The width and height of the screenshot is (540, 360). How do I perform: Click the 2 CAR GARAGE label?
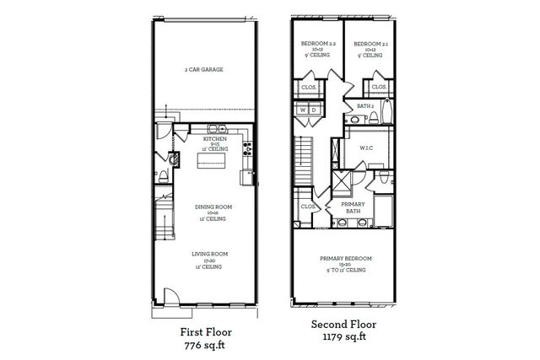pos(205,70)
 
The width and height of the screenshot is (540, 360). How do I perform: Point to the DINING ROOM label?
pos(206,207)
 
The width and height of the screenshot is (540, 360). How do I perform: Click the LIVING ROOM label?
pos(206,253)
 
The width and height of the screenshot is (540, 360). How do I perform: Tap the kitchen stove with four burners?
pos(247,150)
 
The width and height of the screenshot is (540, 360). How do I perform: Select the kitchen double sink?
pos(217,128)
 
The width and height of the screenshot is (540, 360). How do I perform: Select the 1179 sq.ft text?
pos(345,336)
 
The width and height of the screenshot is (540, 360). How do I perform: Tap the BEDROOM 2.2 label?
pos(318,43)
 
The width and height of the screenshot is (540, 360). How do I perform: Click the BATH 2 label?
pos(365,106)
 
